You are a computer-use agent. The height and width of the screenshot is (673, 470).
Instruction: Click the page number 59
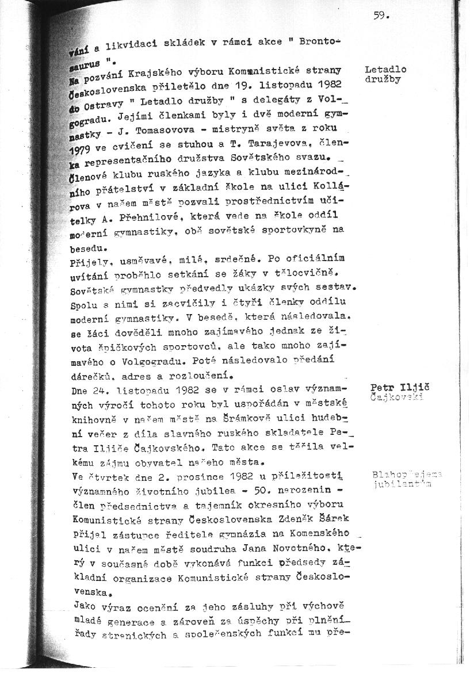click(x=381, y=17)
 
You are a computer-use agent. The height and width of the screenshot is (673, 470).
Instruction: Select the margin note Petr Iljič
click(x=396, y=387)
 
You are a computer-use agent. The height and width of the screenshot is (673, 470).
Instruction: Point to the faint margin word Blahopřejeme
click(x=407, y=475)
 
